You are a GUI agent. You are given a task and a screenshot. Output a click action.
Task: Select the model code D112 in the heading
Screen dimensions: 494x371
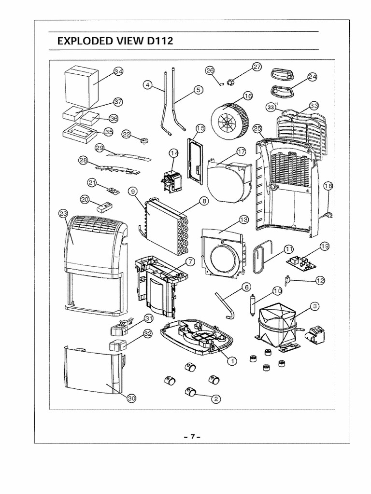[x=158, y=41]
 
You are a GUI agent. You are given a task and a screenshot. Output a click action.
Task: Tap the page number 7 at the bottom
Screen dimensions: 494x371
[x=192, y=437]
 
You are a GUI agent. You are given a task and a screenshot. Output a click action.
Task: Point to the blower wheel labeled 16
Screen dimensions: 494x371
[x=229, y=118]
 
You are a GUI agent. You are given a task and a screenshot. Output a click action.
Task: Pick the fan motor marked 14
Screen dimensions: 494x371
[x=169, y=181]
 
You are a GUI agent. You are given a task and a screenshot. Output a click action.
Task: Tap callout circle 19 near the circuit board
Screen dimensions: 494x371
[x=325, y=246]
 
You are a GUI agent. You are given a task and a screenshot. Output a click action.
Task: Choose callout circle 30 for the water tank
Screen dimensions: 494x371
[x=131, y=398]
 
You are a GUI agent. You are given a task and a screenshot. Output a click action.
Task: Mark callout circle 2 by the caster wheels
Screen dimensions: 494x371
[x=216, y=398]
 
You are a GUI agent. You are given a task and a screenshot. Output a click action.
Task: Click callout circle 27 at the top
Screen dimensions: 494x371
[x=257, y=67]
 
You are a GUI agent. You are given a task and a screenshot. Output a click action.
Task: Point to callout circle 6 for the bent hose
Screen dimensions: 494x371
[x=247, y=287]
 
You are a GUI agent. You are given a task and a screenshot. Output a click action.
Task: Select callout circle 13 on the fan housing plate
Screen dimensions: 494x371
[x=243, y=220]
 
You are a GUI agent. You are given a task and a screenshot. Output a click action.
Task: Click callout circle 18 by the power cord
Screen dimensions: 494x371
[x=328, y=186]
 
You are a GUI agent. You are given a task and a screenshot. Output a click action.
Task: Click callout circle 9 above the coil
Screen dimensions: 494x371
[x=132, y=192]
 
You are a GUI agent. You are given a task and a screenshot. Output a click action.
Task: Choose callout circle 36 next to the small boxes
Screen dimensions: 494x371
[x=114, y=118]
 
